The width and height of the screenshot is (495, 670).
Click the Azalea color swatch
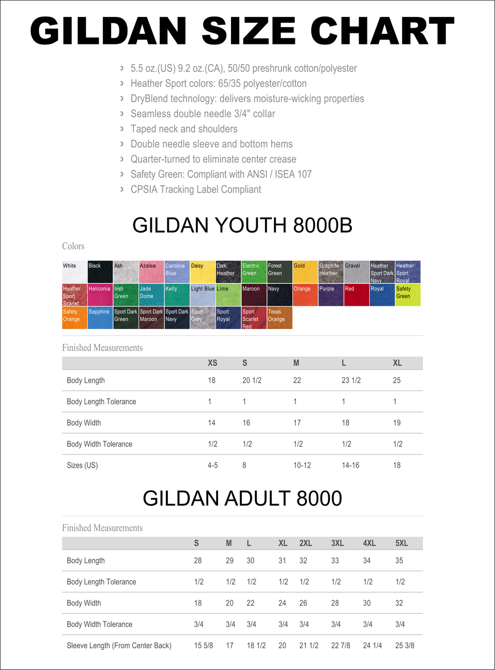(151, 272)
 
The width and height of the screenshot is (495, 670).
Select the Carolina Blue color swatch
(177, 272)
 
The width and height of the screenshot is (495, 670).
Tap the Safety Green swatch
(408, 295)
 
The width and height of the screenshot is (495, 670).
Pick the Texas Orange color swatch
(280, 318)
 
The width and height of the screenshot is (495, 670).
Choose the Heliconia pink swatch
(100, 295)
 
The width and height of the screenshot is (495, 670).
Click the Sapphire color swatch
(100, 318)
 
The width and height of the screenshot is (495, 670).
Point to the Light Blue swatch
(203, 295)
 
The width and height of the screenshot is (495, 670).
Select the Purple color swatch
(331, 295)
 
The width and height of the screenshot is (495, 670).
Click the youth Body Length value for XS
(212, 380)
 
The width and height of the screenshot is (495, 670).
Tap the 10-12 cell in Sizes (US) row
(302, 465)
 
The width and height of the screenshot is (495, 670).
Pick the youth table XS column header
(212, 363)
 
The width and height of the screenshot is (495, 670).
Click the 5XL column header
(402, 543)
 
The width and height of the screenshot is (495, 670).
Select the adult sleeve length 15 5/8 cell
(204, 645)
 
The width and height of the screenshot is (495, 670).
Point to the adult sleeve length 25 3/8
(405, 645)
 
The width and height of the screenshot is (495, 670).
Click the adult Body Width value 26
(303, 603)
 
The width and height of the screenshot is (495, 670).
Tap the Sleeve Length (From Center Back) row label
(119, 645)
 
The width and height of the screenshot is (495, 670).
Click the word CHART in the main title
(382, 31)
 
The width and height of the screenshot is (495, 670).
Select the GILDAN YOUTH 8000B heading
(242, 225)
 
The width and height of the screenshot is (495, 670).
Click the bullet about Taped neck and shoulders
(184, 129)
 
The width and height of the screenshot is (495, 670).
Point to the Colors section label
(73, 246)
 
